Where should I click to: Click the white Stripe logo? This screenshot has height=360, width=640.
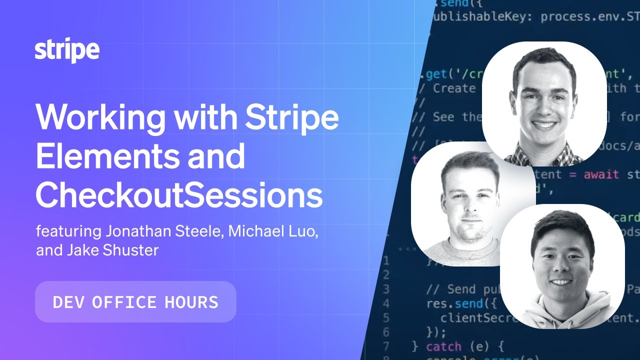[x=67, y=51]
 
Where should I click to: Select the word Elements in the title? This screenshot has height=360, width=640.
[x=105, y=156]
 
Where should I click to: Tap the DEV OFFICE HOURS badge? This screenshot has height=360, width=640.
[x=135, y=301]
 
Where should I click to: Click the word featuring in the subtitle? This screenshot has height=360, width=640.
[x=68, y=232]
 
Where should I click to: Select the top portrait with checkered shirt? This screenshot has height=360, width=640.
[x=544, y=103]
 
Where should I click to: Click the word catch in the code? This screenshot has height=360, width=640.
[x=444, y=346]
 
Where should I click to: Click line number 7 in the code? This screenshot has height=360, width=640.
[x=385, y=346]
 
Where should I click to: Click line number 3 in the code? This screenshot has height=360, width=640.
[x=385, y=289]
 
